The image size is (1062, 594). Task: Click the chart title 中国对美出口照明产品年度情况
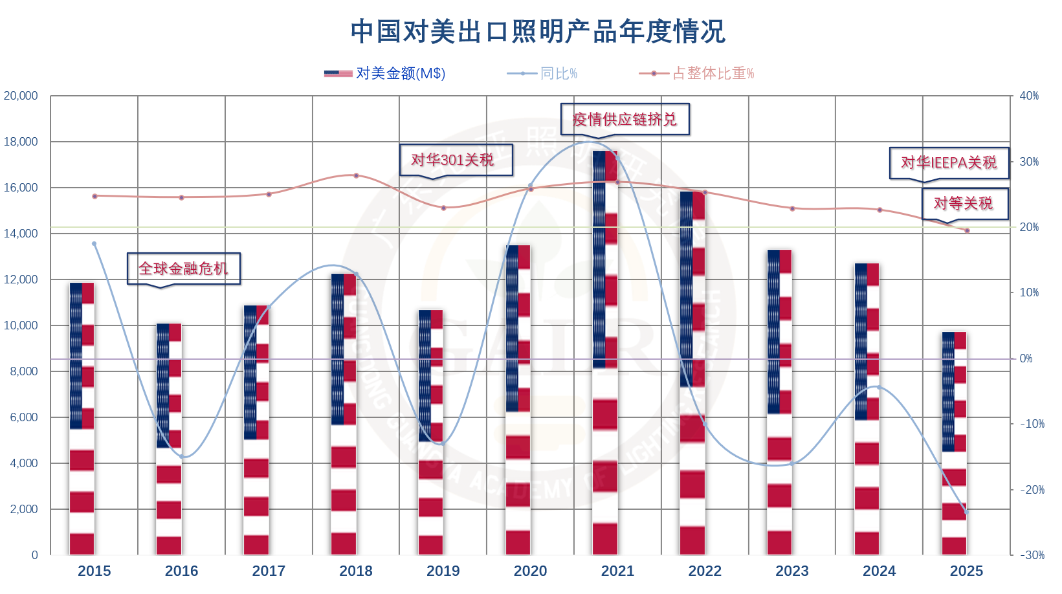click(x=538, y=32)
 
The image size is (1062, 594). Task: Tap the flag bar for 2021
click(x=605, y=353)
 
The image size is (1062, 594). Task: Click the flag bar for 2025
click(x=954, y=443)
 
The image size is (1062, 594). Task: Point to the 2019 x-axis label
click(x=443, y=571)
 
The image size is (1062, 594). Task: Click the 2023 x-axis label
click(x=792, y=571)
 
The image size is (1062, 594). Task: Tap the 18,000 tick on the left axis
click(x=21, y=142)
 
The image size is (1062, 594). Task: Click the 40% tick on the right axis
click(x=1029, y=96)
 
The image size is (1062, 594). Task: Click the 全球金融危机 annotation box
click(x=183, y=269)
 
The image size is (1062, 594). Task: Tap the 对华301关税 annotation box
click(x=456, y=160)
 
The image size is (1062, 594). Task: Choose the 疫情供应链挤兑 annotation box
click(x=625, y=119)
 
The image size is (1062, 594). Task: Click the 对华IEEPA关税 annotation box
click(x=949, y=162)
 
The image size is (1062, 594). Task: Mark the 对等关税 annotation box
click(x=964, y=203)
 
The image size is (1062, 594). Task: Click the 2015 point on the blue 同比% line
click(x=94, y=244)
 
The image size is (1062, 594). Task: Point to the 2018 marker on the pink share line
click(x=356, y=175)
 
